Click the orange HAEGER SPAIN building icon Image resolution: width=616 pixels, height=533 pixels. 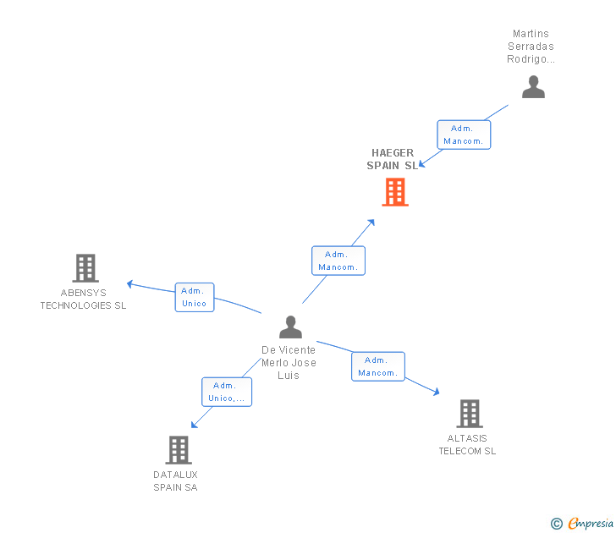coord(395,192)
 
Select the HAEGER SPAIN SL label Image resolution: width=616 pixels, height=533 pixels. coord(393,159)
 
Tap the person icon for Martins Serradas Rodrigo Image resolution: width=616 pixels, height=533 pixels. coord(533,87)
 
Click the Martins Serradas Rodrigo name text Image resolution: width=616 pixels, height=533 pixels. coord(531,47)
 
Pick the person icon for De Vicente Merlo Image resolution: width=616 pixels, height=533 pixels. coord(290,327)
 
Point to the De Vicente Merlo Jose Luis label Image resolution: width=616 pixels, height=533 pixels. coord(289,363)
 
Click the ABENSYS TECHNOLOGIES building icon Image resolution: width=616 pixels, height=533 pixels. coord(85,268)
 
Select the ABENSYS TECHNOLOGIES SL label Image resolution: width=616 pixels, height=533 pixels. coord(83,299)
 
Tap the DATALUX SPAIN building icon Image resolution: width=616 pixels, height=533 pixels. coord(179,450)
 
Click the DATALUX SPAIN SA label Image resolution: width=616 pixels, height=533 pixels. coord(175,481)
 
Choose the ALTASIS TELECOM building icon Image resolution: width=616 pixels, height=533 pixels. coord(470,414)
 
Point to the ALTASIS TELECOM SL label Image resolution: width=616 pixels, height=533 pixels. coord(467,445)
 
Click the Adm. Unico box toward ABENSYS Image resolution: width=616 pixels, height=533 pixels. coord(195,297)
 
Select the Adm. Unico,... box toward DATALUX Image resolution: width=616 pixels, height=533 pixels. coord(227,392)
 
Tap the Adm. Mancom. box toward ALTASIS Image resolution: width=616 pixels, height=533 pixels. coord(378,366)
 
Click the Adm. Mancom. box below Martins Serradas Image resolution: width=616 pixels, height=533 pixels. coord(464,135)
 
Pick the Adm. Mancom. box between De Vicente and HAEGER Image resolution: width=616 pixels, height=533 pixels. coord(338,261)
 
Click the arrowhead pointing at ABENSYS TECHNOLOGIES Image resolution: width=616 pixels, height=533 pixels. coord(129,283)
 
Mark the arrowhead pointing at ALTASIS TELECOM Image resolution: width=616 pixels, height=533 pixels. coord(437,392)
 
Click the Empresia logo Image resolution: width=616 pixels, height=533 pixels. coord(582,523)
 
